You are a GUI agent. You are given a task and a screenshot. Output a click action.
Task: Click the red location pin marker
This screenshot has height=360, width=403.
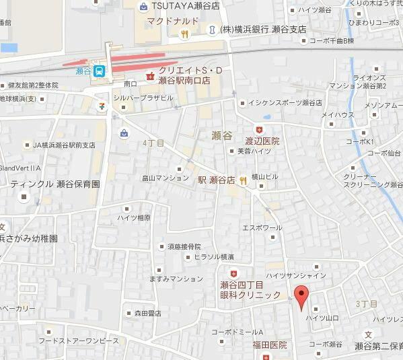click(301, 295)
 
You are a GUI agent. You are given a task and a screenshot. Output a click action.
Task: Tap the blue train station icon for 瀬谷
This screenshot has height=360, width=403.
click(99, 70)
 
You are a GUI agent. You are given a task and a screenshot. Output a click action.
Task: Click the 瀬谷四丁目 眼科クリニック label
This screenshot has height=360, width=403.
click(250, 289)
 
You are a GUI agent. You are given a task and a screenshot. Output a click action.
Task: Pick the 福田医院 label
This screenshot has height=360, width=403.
click(270, 345)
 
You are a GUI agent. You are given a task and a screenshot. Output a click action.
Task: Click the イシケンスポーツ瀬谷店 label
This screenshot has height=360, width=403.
click(283, 102)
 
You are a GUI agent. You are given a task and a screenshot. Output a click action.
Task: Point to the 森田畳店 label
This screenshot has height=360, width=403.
click(147, 313)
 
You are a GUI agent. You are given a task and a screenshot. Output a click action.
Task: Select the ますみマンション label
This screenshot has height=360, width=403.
click(177, 279)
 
